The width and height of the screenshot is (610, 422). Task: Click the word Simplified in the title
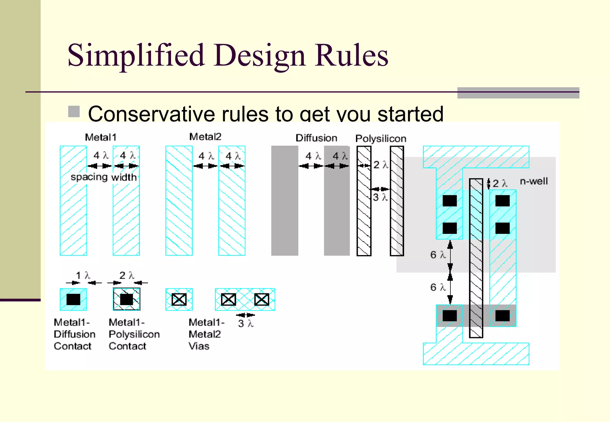pyautogui.click(x=136, y=55)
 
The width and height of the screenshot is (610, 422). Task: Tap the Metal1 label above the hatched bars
pyautogui.click(x=100, y=137)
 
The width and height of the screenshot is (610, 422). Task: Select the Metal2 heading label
pyautogui.click(x=205, y=137)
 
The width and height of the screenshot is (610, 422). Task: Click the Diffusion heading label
pyautogui.click(x=316, y=138)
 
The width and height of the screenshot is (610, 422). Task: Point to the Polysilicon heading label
pyautogui.click(x=381, y=138)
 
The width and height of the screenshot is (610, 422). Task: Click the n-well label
pyautogui.click(x=534, y=181)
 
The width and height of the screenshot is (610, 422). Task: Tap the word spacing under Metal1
pyautogui.click(x=89, y=177)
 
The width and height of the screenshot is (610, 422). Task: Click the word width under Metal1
pyautogui.click(x=124, y=177)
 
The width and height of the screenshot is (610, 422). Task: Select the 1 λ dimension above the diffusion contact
pyautogui.click(x=83, y=275)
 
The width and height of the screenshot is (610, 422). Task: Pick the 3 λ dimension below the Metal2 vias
pyautogui.click(x=246, y=323)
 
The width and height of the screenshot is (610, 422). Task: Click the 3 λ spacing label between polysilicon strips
pyautogui.click(x=380, y=197)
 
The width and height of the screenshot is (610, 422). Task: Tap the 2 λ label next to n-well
pyautogui.click(x=500, y=183)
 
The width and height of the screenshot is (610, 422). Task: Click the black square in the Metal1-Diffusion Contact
pyautogui.click(x=73, y=299)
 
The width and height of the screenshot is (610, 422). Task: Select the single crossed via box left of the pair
pyautogui.click(x=179, y=299)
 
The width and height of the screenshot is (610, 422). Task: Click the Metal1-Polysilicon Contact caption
pyautogui.click(x=134, y=334)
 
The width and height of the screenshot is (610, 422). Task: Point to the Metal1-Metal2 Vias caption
pyautogui.click(x=206, y=334)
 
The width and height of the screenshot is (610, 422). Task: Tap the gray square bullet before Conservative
pyautogui.click(x=74, y=112)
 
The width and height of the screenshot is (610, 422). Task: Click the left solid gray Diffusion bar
pyautogui.click(x=284, y=201)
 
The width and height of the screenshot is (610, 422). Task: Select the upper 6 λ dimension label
pyautogui.click(x=438, y=255)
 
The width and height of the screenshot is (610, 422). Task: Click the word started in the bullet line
pyautogui.click(x=410, y=114)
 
